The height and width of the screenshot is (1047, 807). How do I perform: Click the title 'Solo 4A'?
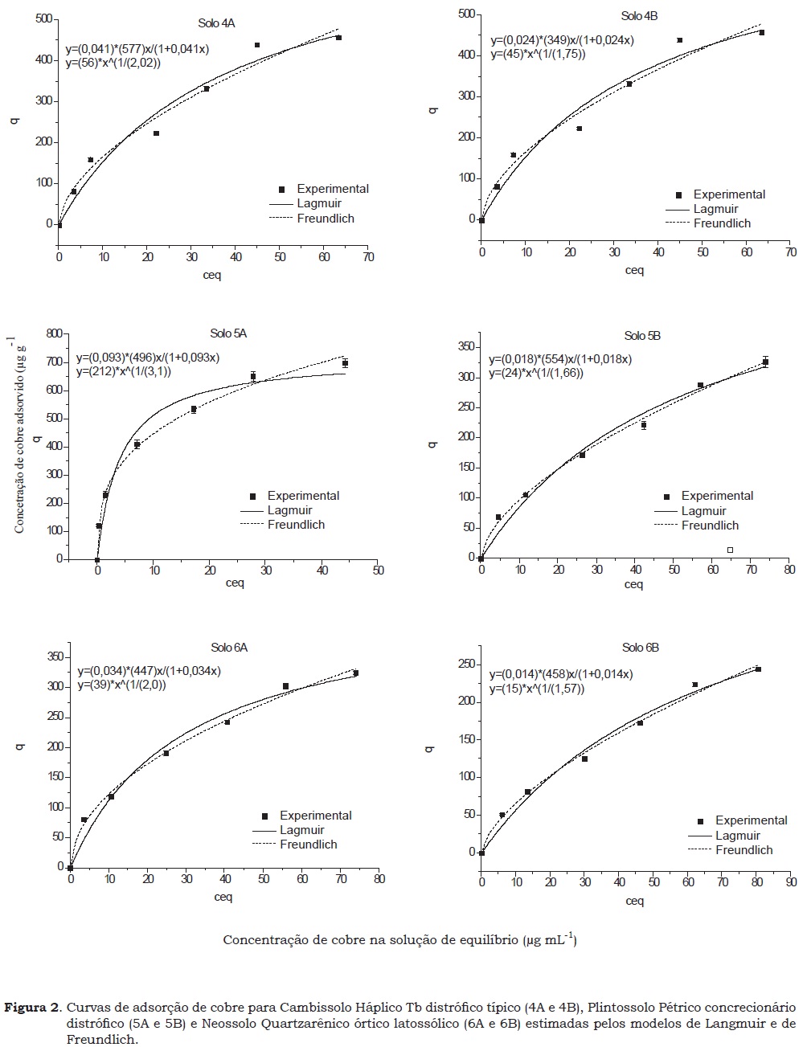[x=216, y=23]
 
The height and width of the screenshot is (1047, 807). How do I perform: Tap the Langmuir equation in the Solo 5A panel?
[x=148, y=358]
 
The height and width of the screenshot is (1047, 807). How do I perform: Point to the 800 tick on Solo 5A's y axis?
[x=55, y=333]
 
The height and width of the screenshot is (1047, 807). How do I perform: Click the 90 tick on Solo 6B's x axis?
[x=790, y=882]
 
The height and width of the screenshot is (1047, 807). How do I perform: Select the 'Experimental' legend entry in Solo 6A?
[x=316, y=816]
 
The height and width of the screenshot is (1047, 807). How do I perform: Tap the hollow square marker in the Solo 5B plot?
[x=730, y=550]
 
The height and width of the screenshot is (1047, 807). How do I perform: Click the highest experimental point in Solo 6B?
[x=758, y=669]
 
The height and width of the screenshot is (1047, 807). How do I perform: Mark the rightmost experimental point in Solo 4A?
[x=338, y=38]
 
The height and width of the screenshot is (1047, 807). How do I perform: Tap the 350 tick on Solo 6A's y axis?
[x=55, y=657]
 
